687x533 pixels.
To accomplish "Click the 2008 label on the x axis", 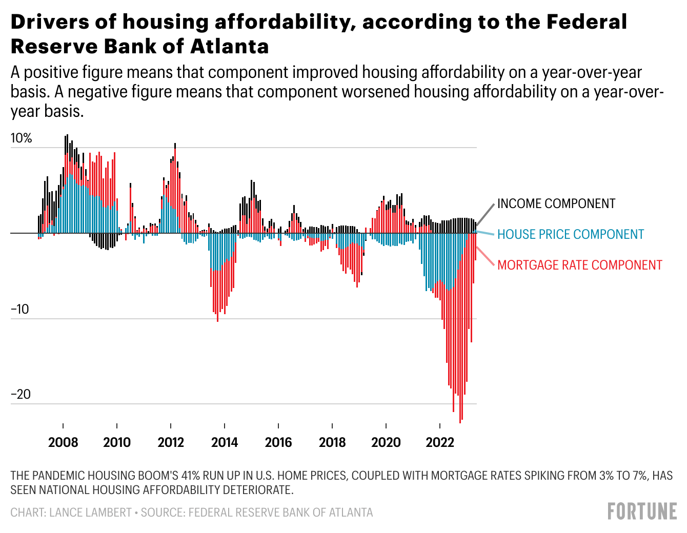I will [x=63, y=442].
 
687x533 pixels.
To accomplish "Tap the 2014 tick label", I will [x=225, y=442].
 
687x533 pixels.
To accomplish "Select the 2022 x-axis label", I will [x=440, y=442].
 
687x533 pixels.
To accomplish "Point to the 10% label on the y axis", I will [x=21, y=138].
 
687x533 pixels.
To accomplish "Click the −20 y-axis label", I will [x=21, y=395].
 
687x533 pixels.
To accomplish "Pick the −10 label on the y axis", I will [x=21, y=310].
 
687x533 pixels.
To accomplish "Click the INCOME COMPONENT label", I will [x=556, y=203].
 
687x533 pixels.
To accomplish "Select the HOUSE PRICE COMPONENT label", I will [x=570, y=234].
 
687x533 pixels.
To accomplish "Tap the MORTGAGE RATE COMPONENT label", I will [x=579, y=265].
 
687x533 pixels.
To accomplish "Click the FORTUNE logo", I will [x=642, y=511].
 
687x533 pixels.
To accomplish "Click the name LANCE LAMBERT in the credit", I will [x=90, y=512].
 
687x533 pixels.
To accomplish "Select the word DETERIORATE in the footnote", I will [x=253, y=490].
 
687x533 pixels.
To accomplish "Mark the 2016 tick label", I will [x=278, y=442].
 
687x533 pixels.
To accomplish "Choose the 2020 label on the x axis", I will [x=386, y=442].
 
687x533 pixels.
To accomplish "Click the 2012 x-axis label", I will [x=171, y=442].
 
